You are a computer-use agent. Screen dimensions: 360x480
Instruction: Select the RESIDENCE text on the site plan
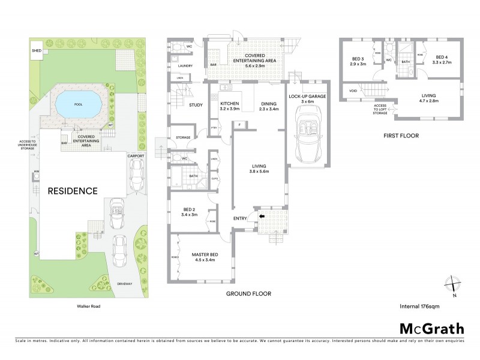click(72, 191)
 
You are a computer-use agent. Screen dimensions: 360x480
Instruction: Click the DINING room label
click(268, 104)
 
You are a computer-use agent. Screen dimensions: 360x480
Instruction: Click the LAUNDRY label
click(185, 66)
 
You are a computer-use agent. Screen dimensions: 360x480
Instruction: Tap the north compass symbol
click(453, 286)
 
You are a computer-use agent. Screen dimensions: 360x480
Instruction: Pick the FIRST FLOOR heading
click(401, 136)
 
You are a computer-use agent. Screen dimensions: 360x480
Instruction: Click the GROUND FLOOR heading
click(248, 294)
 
